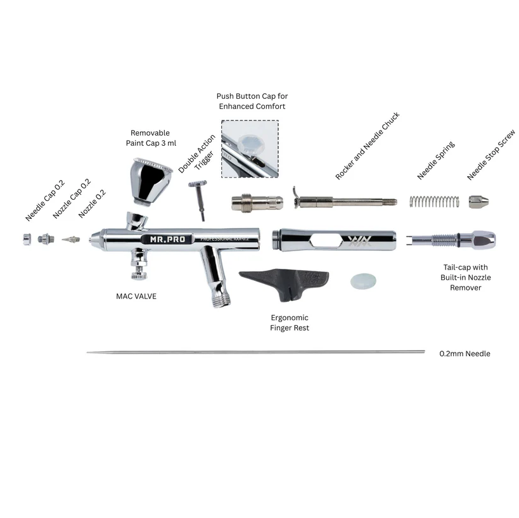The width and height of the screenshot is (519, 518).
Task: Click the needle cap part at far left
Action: [27, 239]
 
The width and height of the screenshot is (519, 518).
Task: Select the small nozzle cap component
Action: [44, 239]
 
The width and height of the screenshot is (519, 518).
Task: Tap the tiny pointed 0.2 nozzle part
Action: [72, 240]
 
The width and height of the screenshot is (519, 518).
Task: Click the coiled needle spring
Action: [434, 201]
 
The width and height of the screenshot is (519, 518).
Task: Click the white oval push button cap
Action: [363, 282]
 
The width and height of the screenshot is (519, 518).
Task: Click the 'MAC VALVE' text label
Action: [136, 295]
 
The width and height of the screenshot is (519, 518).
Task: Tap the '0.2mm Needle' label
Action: [465, 354]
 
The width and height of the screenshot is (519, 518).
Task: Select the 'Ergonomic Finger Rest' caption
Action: [290, 323]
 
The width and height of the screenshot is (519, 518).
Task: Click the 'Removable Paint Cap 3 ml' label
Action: [150, 138]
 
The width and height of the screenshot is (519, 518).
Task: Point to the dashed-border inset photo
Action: [250, 149]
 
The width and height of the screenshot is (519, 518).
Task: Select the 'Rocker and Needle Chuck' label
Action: [368, 146]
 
